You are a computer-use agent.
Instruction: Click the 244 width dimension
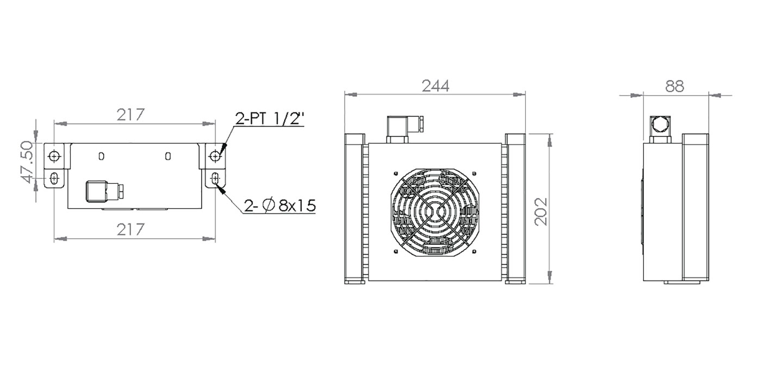(435, 86)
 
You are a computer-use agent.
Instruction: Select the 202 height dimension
(540, 212)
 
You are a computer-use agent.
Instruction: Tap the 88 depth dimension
(675, 86)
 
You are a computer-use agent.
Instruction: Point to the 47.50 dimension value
(27, 163)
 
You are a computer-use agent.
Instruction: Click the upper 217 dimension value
(131, 115)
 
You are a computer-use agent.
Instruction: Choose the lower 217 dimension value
(131, 229)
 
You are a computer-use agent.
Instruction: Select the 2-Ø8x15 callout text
(279, 206)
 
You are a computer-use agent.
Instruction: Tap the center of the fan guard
(434, 213)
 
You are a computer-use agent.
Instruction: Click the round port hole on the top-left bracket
(54, 156)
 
